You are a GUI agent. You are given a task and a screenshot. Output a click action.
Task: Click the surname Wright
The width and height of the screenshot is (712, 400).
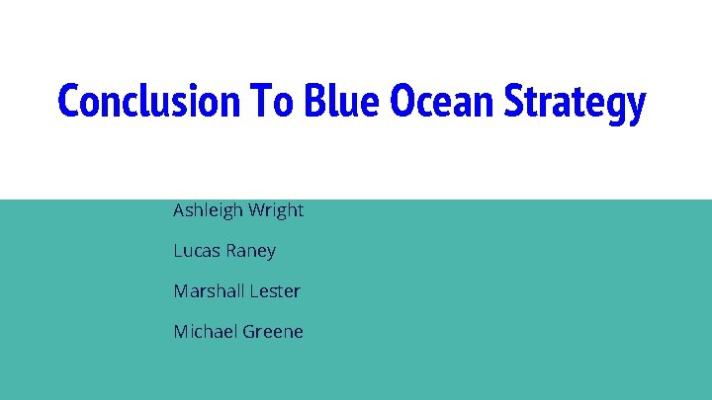tap(278, 210)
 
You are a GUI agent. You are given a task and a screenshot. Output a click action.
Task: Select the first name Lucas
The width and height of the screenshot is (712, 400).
tap(196, 251)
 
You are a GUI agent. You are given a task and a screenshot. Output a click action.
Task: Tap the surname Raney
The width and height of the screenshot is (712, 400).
tap(250, 252)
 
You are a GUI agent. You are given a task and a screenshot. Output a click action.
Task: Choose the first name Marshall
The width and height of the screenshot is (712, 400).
tap(209, 291)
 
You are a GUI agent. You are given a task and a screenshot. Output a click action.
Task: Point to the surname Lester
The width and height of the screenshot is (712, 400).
tap(275, 291)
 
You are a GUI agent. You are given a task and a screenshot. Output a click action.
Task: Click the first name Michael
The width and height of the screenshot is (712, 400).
tap(205, 332)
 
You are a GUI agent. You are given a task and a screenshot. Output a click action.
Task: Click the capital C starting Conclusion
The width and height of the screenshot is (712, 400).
tap(68, 102)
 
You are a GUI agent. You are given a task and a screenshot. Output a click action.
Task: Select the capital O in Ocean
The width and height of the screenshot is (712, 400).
tap(402, 102)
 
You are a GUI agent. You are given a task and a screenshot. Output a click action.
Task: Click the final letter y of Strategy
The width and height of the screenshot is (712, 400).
tap(636, 107)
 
